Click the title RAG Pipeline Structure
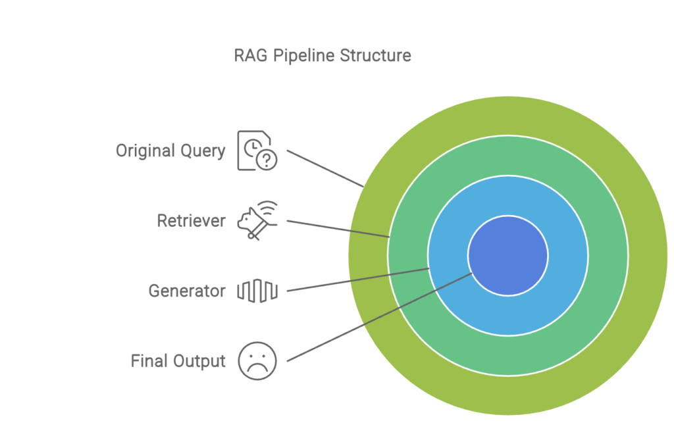[323, 55]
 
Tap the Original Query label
[170, 151]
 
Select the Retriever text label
[192, 221]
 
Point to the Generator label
[187, 291]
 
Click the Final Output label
[178, 361]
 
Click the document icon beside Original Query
[257, 151]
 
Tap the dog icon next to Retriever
[257, 220]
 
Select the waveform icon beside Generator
[257, 291]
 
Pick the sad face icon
[257, 361]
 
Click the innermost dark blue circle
[508, 256]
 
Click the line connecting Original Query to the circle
[325, 169]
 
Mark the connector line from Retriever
[338, 229]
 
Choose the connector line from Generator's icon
[358, 279]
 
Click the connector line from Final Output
[380, 317]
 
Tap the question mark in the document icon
[267, 160]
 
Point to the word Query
[203, 151]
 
